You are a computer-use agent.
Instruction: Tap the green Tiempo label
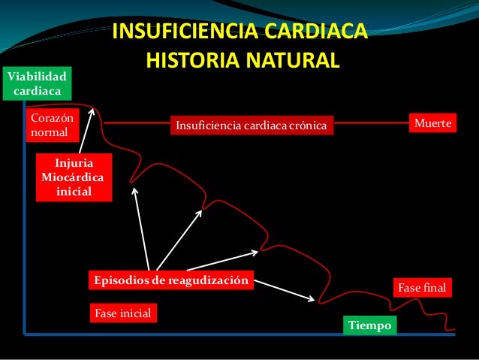369,326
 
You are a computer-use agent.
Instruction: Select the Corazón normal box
53,126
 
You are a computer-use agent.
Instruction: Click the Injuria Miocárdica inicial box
74,178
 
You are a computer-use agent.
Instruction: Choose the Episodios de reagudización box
170,280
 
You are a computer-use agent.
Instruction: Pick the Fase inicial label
123,312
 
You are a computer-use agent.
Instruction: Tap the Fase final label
421,288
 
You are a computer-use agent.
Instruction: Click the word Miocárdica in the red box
74,178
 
